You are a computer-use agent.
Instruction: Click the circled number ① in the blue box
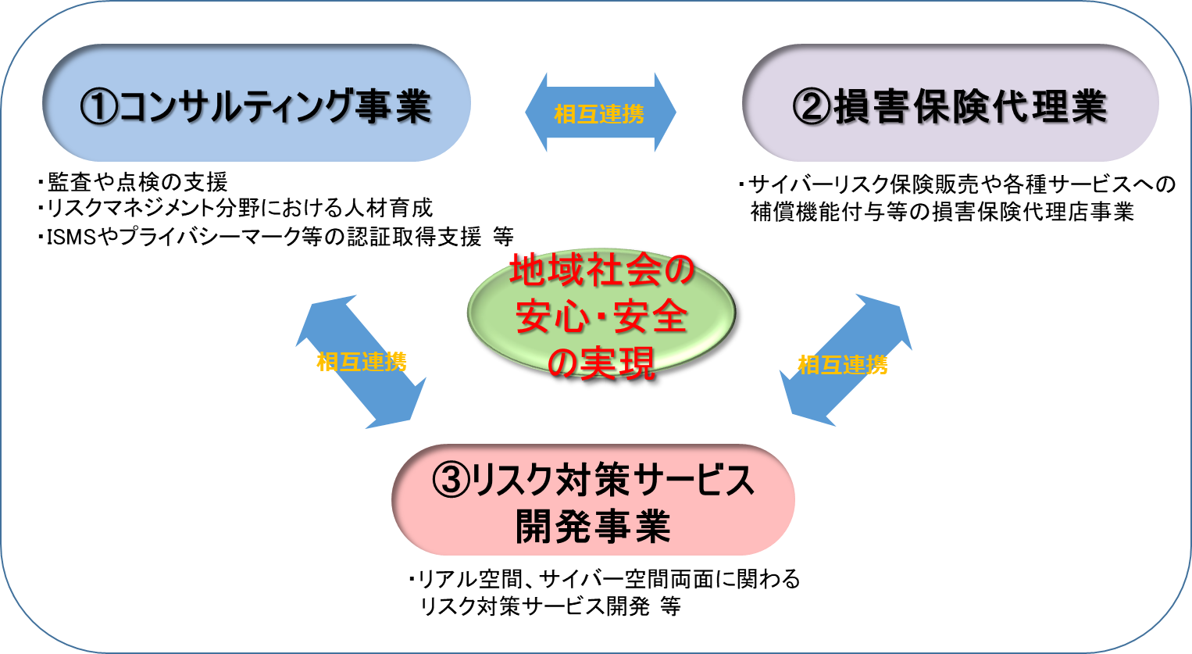[x=99, y=106]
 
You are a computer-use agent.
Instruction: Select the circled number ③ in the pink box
[x=451, y=480]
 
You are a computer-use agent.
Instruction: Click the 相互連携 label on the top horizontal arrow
[x=599, y=114]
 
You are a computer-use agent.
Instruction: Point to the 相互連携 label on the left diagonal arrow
[x=362, y=362]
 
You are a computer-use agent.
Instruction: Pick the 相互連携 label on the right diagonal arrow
[x=843, y=365]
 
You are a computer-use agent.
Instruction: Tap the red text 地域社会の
[x=601, y=271]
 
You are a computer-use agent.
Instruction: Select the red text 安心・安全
[x=601, y=316]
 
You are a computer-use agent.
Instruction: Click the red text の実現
[x=601, y=363]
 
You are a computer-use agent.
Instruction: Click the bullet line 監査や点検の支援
[x=137, y=182]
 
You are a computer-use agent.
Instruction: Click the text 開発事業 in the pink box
[x=593, y=527]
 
